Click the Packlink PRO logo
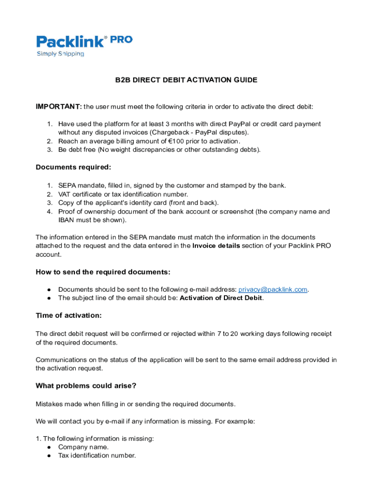coord(84,42)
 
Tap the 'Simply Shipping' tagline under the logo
coord(61,54)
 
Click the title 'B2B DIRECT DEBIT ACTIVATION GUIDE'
coord(186,80)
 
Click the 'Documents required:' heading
coord(73,167)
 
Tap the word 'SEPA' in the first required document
coord(67,185)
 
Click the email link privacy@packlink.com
coord(272,290)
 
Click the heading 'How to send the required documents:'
coord(103,272)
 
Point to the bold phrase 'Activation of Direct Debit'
coord(221,298)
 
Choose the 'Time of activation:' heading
coord(68,315)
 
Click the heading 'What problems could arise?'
coord(86,386)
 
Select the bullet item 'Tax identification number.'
coord(97,456)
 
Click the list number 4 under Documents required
coord(50,212)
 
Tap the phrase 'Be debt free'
coord(77,149)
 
